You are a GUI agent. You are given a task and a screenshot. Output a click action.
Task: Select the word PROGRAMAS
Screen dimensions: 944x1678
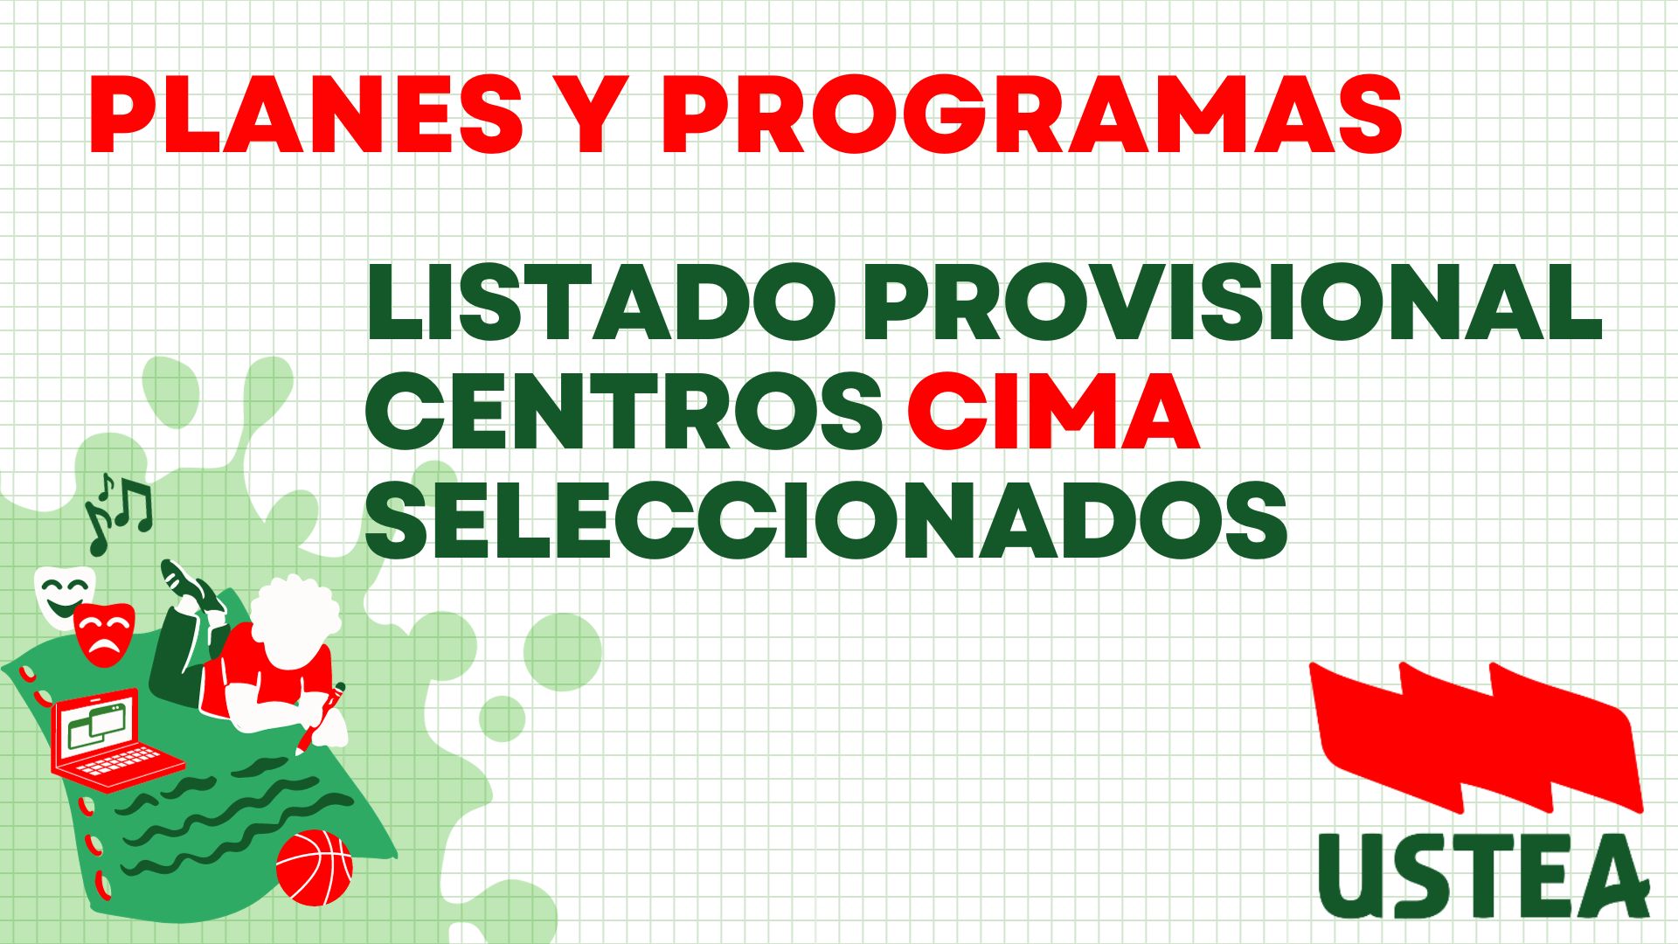click(x=1031, y=115)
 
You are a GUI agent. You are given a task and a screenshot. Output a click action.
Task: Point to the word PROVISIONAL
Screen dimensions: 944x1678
click(x=1232, y=302)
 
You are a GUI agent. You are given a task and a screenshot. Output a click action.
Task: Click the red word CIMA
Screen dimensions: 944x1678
click(x=1053, y=411)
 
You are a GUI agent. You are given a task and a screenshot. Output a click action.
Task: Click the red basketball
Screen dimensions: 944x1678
click(x=314, y=867)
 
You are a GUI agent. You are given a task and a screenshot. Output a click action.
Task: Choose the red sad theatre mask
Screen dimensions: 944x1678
click(x=103, y=633)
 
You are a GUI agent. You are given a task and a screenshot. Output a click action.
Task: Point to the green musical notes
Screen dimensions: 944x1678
click(x=118, y=512)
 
